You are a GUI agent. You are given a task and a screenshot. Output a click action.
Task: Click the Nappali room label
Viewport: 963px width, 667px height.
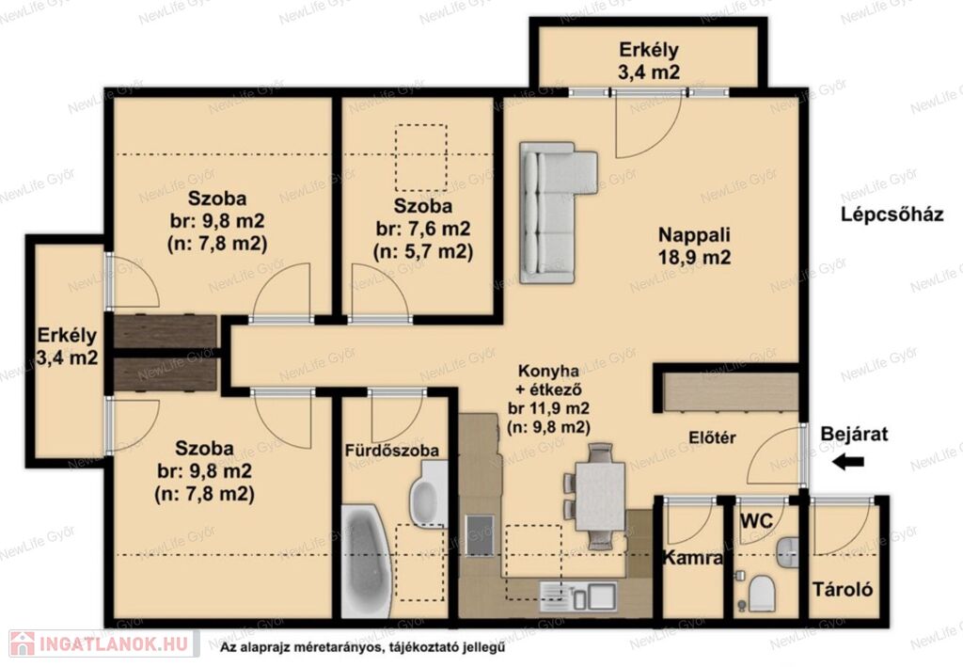coord(695,234)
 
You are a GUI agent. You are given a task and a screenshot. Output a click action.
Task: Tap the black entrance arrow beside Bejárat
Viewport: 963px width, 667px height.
coord(848,462)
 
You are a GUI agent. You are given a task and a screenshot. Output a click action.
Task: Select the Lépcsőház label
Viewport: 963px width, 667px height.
coord(892,214)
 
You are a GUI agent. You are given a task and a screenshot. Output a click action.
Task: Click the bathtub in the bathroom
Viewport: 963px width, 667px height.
coord(366,562)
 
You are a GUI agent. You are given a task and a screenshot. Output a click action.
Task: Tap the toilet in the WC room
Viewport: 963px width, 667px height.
coord(762,593)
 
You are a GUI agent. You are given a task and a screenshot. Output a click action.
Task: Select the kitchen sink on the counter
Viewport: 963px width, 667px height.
coord(578,596)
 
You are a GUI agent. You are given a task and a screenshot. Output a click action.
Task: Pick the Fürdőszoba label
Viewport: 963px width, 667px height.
coord(392,451)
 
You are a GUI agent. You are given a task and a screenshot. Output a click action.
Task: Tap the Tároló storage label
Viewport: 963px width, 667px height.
coord(843,590)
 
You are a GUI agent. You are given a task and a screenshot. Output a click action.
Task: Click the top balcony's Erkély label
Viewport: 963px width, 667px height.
coord(649,49)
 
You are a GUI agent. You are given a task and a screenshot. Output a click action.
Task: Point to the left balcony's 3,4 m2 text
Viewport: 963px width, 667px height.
coord(67,357)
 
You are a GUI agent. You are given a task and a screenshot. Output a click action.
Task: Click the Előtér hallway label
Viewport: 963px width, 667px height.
coord(712,437)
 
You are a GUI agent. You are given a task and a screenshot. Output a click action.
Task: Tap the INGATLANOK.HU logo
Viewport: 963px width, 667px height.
coord(103,644)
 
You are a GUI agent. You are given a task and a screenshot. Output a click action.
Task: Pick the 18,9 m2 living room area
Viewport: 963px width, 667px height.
coord(695,258)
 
